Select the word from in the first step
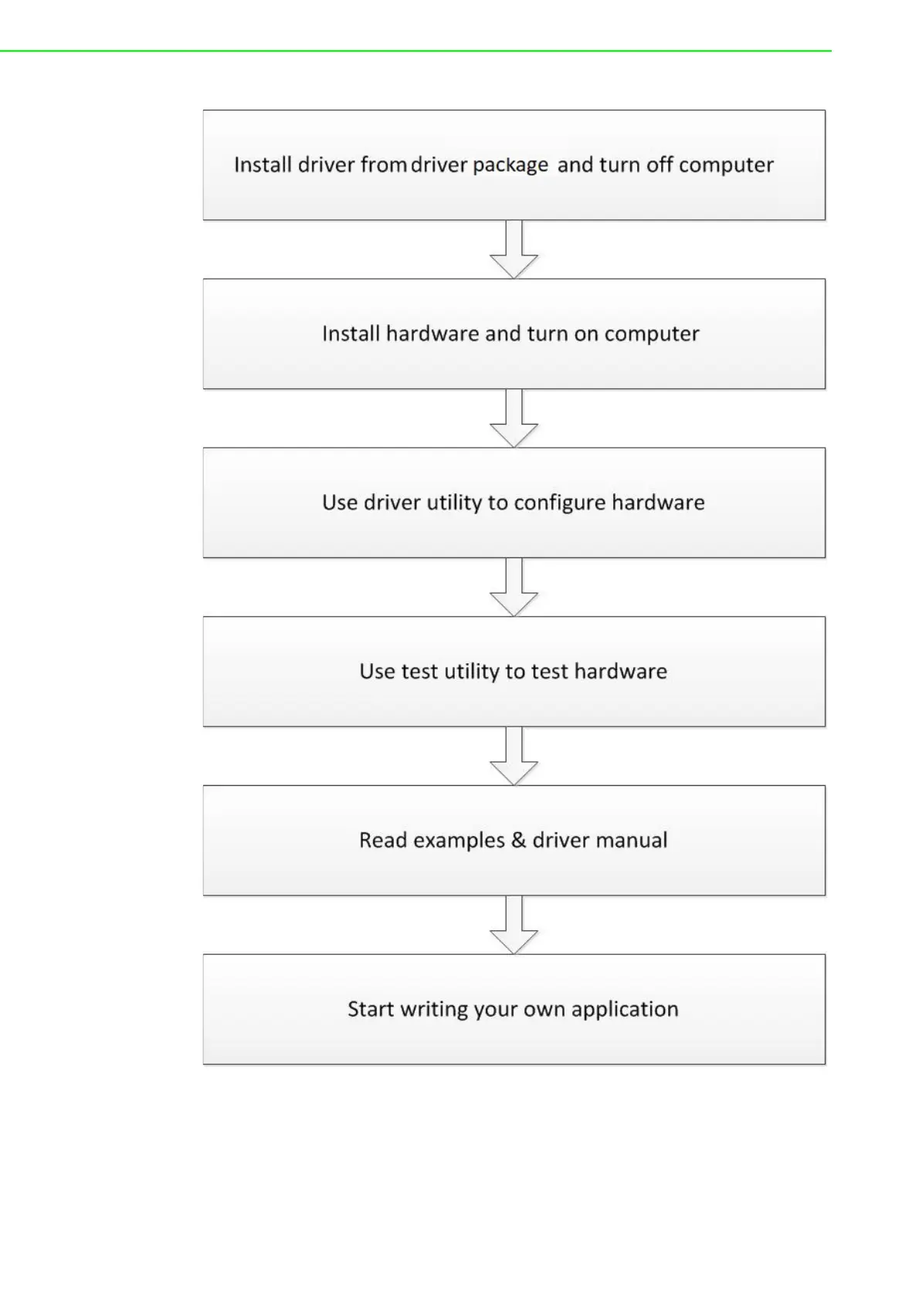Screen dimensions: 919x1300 pyautogui.click(x=384, y=164)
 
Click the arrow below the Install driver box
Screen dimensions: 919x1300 pyautogui.click(x=514, y=249)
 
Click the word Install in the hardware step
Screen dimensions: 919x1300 pyautogui.click(x=351, y=333)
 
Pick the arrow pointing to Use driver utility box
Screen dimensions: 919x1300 pyautogui.click(x=514, y=418)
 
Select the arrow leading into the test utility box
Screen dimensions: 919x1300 pyautogui.click(x=514, y=587)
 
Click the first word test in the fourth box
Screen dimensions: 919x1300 pyautogui.click(x=419, y=672)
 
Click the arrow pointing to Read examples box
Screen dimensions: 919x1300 pyautogui.click(x=514, y=757)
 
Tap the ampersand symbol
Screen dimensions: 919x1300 pyautogui.click(x=518, y=840)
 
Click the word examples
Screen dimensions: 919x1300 pyautogui.click(x=459, y=840)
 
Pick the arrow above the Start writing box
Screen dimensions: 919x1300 pyautogui.click(x=514, y=926)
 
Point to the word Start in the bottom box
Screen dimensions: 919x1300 pyautogui.click(x=371, y=1009)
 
